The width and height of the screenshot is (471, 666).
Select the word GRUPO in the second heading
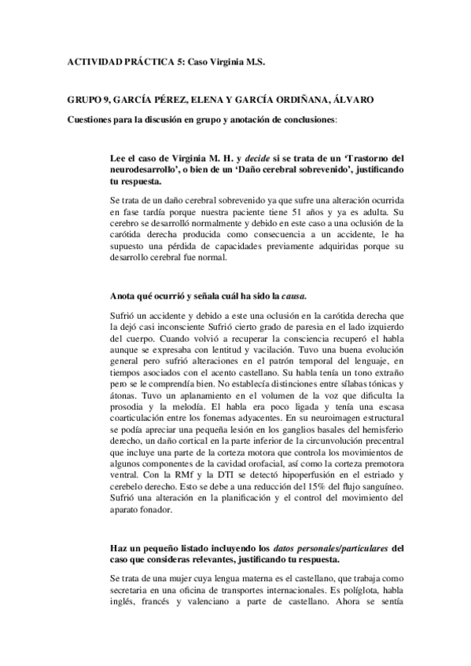[x=86, y=101]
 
